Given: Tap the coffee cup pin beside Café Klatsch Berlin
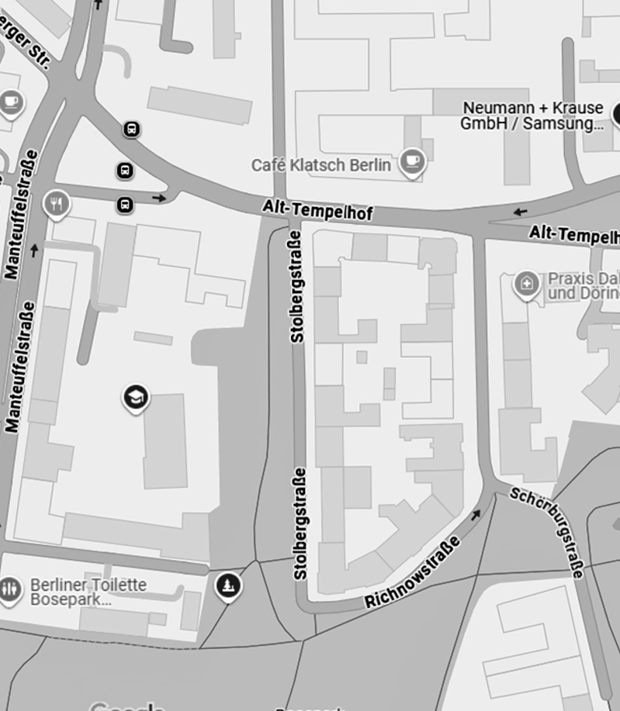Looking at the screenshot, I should coord(412,162).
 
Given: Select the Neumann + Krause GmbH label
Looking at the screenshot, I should coord(533,116).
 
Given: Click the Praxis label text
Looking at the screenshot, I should coord(583,285).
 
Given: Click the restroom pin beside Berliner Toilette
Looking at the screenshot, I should coord(9,590).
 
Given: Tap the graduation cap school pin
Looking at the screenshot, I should coord(136,398).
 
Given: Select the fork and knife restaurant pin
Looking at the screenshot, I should coord(57,204).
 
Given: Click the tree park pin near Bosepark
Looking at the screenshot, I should coord(227,585).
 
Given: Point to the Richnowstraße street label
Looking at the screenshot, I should coord(412,573).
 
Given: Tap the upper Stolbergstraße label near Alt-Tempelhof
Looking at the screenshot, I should coord(296,287).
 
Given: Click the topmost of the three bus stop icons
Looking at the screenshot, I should coord(132,129).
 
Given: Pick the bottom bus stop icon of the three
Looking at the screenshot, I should coord(125,205).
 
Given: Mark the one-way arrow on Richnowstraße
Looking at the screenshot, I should coord(475,514).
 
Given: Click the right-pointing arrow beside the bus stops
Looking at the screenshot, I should coord(160,198).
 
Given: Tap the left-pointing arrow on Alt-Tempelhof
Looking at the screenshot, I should coord(520,211).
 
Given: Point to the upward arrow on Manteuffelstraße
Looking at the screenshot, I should coord(33,250).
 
